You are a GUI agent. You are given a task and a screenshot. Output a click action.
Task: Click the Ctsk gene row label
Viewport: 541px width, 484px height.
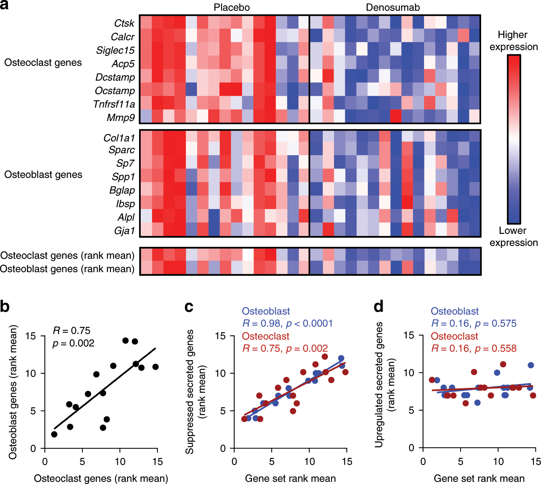point(124,23)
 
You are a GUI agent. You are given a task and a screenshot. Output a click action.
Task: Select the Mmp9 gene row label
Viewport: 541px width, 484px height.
point(121,118)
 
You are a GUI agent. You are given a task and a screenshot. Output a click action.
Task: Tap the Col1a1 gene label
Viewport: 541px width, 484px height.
point(119,138)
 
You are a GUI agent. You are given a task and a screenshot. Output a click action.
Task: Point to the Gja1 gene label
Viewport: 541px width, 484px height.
point(124,231)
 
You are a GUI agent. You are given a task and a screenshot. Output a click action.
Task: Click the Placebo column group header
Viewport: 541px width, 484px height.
point(232,7)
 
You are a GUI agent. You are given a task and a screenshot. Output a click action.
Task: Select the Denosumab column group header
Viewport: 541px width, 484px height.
point(393,7)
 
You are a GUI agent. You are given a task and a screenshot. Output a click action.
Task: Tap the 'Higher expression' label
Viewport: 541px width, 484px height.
point(513,41)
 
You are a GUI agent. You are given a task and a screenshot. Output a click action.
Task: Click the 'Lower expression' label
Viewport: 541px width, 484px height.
point(513,236)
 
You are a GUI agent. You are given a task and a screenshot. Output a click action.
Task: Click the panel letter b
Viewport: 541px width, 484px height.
point(5,307)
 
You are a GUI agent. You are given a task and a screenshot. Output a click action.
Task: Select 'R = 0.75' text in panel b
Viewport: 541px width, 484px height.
point(72,331)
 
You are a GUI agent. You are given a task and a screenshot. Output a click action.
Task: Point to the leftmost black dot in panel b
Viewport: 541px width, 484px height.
point(54,434)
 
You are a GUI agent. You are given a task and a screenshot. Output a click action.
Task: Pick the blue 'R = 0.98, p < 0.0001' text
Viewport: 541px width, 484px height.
point(287,324)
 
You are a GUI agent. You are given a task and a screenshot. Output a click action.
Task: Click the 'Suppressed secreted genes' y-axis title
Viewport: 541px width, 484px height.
point(190,392)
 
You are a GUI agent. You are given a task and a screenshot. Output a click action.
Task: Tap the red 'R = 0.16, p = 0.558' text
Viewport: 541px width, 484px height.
point(473,349)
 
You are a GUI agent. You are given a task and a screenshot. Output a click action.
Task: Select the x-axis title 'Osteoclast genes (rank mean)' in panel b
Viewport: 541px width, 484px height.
point(101,478)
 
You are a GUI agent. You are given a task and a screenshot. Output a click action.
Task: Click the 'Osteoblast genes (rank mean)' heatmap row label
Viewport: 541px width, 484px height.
point(67,269)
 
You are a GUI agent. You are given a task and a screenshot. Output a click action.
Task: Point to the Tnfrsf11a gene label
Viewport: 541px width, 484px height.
point(114,105)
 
